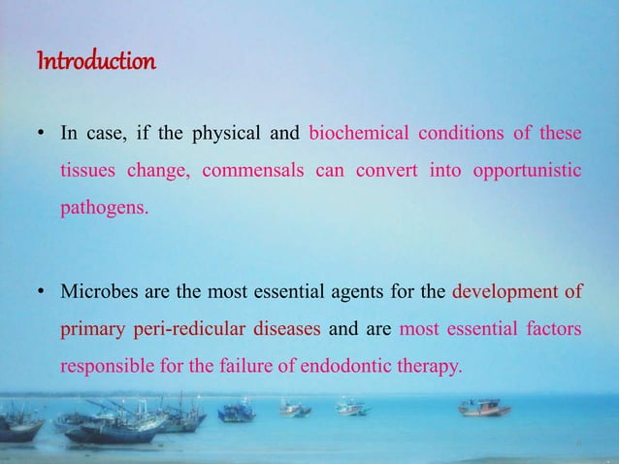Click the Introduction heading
click(x=95, y=64)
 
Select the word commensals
click(x=261, y=171)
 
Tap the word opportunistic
click(x=528, y=171)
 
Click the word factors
click(x=553, y=329)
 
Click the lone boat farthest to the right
click(x=484, y=408)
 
